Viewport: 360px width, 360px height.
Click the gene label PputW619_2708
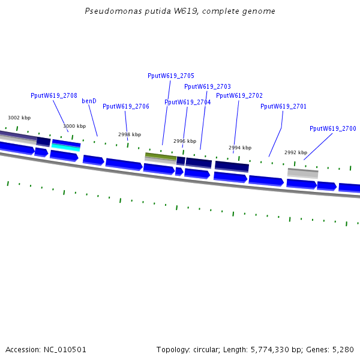[x=54, y=95]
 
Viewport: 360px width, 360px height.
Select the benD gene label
[x=89, y=101]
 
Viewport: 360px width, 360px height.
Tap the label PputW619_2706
[x=126, y=106]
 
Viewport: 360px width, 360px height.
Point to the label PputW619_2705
[x=171, y=76]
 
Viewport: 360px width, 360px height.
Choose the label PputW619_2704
[x=188, y=102]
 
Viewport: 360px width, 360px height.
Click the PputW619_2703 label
[x=208, y=86]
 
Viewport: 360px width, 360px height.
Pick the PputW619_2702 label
[x=239, y=95]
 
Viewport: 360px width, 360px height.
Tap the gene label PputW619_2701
[x=283, y=106]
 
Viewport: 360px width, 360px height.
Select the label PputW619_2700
[x=333, y=128]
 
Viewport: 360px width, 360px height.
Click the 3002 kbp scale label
[x=19, y=118]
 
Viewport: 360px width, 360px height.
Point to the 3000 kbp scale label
[x=74, y=126]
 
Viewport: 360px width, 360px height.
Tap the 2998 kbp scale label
[x=130, y=134]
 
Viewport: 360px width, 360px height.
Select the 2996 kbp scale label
[x=185, y=141]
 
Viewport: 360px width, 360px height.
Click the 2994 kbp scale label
[x=240, y=148]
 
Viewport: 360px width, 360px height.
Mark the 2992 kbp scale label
[x=296, y=152]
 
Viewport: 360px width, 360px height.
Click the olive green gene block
[x=160, y=156]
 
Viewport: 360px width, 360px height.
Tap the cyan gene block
[x=66, y=148]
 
